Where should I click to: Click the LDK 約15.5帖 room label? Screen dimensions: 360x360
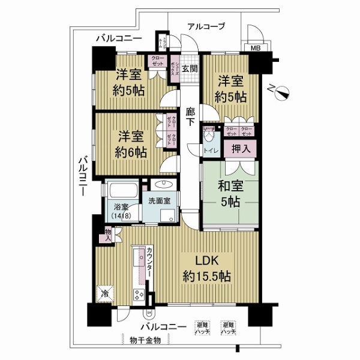point(207,268)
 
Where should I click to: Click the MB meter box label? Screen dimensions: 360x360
point(255,49)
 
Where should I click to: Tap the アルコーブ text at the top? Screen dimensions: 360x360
point(205,26)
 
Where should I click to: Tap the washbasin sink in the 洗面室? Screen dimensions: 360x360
point(164,184)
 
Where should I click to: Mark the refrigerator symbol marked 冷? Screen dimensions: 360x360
point(106,294)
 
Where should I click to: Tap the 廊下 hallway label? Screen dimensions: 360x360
point(190,115)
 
